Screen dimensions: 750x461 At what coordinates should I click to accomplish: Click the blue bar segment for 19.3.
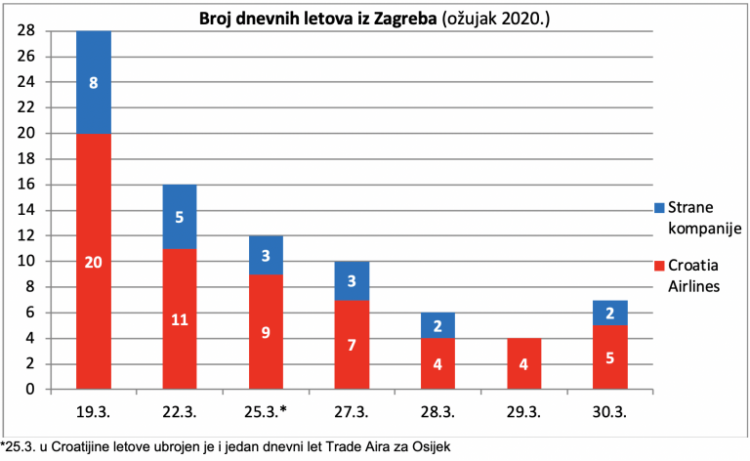click(94, 82)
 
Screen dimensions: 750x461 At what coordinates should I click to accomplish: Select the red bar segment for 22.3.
click(180, 318)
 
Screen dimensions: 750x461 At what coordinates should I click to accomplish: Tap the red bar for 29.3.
click(523, 363)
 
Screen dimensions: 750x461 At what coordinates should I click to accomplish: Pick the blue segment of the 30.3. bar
click(609, 313)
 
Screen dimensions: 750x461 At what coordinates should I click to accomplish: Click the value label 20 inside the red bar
click(94, 262)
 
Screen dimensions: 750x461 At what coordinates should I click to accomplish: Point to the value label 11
click(180, 319)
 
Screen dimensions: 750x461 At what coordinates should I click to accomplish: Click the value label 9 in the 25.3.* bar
click(266, 332)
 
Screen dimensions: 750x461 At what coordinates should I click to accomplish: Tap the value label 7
click(352, 345)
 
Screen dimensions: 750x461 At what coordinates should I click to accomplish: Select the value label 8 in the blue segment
click(94, 83)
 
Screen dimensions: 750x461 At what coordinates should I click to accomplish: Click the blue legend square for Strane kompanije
click(659, 208)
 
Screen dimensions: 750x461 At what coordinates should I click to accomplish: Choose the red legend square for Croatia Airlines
click(659, 266)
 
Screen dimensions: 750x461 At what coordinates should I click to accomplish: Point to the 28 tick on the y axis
click(26, 30)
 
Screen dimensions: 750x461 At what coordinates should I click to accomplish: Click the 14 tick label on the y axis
click(26, 210)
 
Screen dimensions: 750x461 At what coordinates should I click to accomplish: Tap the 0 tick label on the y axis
click(30, 389)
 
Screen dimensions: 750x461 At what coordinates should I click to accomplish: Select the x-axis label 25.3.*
click(266, 412)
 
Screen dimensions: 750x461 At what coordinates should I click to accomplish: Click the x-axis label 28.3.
click(437, 412)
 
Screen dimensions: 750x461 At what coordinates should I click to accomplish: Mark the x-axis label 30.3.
click(609, 412)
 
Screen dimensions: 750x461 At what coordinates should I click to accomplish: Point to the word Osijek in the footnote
click(434, 446)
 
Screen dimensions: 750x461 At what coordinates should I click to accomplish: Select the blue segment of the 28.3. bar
click(438, 325)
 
